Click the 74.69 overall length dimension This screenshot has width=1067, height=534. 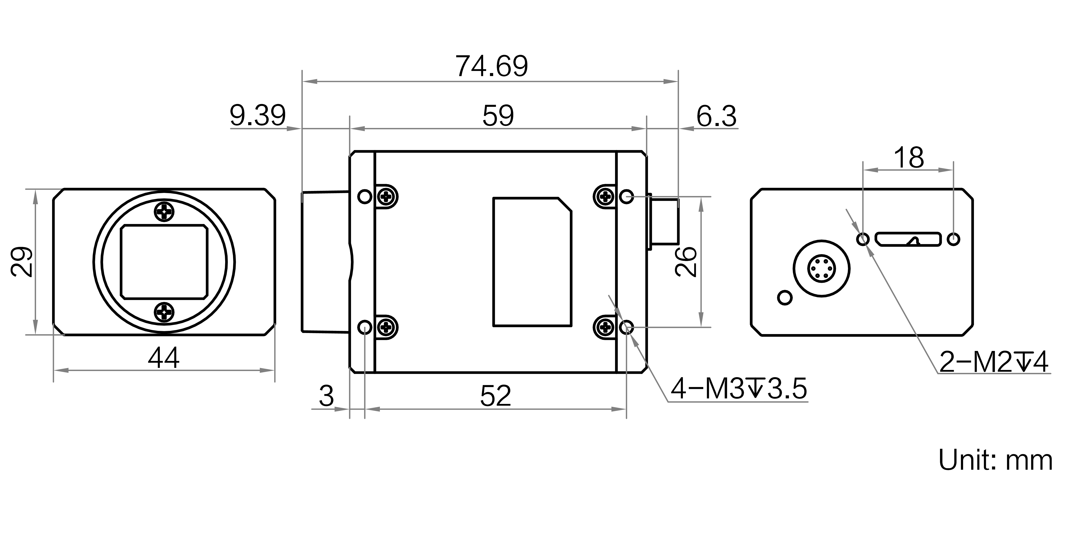492,66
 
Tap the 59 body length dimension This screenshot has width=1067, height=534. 498,116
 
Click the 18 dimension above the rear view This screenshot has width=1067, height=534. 908,158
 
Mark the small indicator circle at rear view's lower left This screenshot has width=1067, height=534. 785,298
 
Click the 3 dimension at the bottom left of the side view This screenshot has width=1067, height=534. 327,396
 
